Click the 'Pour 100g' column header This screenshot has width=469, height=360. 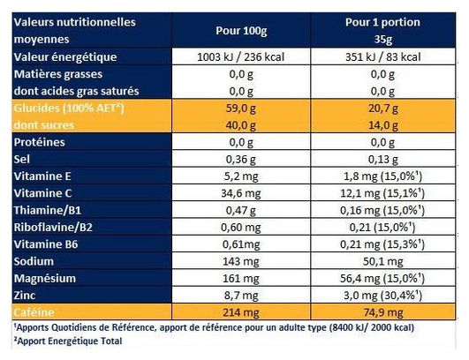(241, 31)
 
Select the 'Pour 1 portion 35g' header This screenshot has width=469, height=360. (382, 31)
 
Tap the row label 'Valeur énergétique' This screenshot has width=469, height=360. (65, 57)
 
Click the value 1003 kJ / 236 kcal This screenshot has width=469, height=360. (241, 56)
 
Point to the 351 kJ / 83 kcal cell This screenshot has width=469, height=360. (382, 56)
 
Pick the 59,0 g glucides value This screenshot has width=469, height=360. (241, 109)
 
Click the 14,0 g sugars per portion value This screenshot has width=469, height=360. (382, 125)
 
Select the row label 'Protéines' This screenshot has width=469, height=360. (39, 142)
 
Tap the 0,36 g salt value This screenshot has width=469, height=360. (241, 160)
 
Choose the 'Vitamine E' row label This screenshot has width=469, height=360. (42, 176)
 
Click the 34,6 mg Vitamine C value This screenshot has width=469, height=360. (241, 193)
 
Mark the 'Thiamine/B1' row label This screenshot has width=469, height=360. (48, 210)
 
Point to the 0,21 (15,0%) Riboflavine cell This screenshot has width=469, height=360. (382, 228)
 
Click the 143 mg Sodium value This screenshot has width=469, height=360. (241, 262)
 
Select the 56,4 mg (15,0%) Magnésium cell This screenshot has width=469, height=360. (382, 279)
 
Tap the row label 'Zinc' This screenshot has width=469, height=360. (25, 296)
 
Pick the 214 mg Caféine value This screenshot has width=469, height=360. (241, 312)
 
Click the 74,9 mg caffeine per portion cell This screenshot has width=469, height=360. (383, 313)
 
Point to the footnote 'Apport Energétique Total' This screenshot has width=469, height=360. (70, 341)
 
